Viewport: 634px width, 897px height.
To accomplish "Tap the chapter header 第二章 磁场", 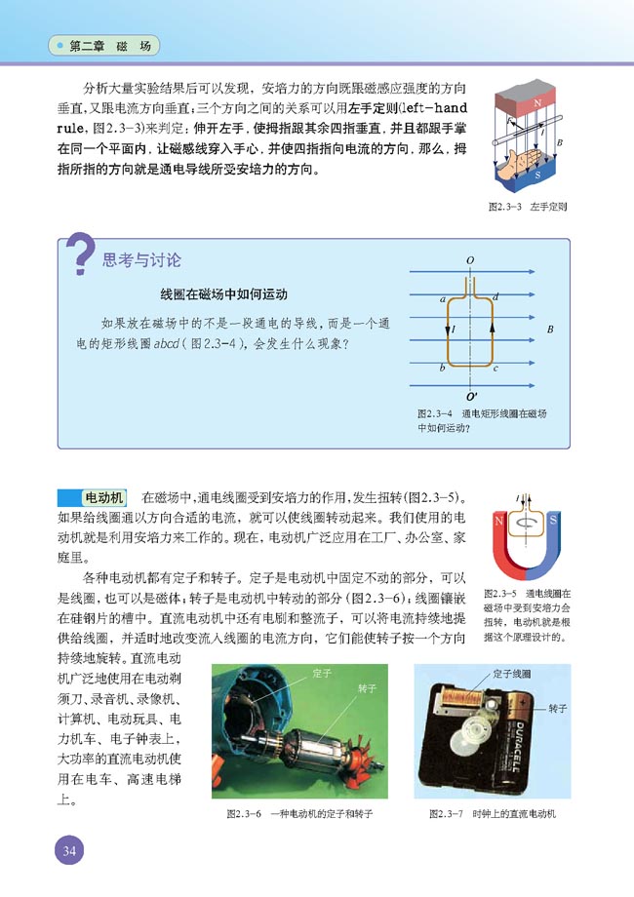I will pos(109,46).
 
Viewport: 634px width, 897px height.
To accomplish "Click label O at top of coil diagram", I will pos(470,261).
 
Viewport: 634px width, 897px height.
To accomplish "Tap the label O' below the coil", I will pos(472,397).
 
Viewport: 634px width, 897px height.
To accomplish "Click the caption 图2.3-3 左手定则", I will pos(528,207).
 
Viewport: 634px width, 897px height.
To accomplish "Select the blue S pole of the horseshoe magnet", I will pos(553,522).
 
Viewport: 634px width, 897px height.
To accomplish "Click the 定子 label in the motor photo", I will pos(323,672).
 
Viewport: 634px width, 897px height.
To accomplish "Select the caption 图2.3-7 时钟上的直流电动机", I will pos(490,812).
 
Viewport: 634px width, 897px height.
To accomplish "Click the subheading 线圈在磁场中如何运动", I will pos(223,294).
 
